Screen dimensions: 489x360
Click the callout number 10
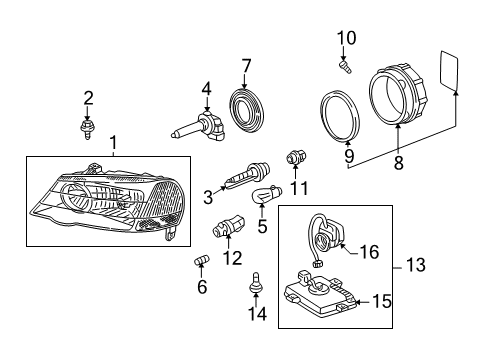coord(347,38)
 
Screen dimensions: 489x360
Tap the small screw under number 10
coord(345,66)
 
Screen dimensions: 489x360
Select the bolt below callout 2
coord(87,129)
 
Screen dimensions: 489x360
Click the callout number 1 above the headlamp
coord(113,143)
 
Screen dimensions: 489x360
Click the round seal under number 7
coord(247,110)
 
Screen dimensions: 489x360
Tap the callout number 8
coord(399,163)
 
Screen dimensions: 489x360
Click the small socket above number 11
coord(296,157)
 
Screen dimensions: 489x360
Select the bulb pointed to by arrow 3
coord(247,174)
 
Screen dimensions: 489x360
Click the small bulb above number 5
coord(267,194)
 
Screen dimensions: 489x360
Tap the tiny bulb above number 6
coord(202,259)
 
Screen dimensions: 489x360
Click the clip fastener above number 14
coord(256,283)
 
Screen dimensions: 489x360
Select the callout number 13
coord(416,265)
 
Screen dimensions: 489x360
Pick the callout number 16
coord(370,252)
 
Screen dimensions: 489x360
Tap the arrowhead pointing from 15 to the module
coord(358,302)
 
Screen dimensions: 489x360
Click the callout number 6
coord(202,286)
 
